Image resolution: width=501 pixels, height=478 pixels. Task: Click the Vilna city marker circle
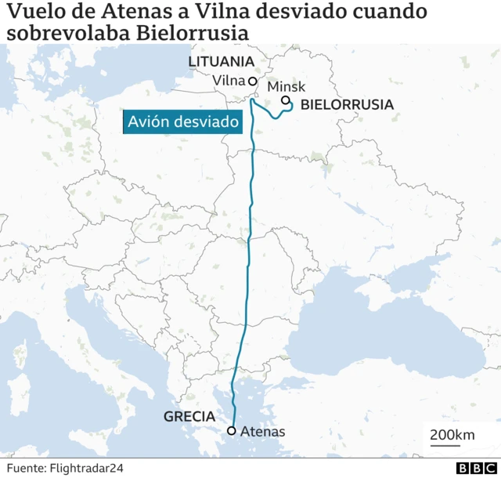click(252, 81)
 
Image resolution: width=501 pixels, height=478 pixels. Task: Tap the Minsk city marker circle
click(286, 101)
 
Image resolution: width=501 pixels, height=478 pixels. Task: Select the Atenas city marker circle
click(231, 430)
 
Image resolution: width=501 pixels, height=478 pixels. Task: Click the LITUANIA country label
click(222, 62)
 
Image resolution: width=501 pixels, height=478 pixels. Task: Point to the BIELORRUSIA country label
click(347, 103)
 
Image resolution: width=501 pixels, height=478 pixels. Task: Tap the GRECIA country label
click(189, 417)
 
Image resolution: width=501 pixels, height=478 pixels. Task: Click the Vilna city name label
click(229, 81)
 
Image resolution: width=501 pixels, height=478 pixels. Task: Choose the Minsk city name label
click(286, 87)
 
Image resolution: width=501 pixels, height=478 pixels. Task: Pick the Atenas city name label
click(262, 431)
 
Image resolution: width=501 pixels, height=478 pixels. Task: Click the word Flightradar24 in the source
click(88, 468)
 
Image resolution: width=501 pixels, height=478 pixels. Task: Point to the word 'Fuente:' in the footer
click(27, 468)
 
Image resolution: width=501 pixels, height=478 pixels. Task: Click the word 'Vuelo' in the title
click(31, 13)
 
